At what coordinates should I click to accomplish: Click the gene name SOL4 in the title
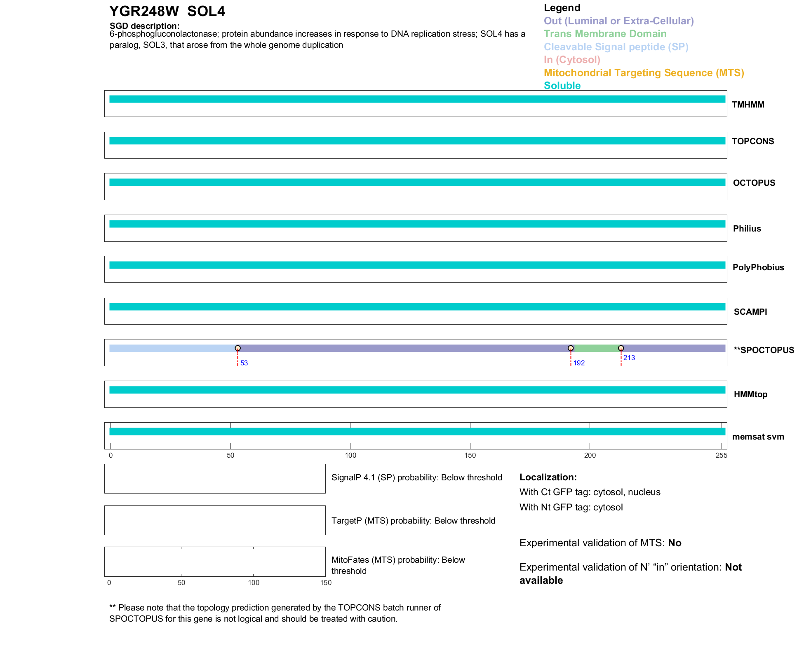pos(206,12)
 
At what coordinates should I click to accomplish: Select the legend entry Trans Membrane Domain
pos(605,34)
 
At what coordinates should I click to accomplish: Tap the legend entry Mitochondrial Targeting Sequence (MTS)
pos(644,73)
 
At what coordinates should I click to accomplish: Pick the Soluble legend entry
pos(562,86)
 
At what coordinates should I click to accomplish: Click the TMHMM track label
pos(748,105)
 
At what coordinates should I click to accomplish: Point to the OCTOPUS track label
pos(754,183)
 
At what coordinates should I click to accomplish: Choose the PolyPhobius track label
pos(758,267)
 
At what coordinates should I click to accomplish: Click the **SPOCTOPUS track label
pos(764,350)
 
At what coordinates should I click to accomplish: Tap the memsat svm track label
pos(758,437)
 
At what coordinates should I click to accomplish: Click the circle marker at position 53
pos(238,349)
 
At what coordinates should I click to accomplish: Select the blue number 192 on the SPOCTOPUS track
pos(579,363)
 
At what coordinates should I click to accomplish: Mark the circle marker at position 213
pos(621,349)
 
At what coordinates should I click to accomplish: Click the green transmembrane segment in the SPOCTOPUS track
pos(596,349)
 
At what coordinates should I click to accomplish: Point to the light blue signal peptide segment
pos(173,349)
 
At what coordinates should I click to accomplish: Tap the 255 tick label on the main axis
pos(721,455)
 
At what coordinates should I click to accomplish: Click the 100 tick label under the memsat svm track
pos(350,455)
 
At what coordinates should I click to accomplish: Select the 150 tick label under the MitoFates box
pos(326,582)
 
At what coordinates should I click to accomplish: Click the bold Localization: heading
pos(548,477)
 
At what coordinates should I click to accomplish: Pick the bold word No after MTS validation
pos(675,543)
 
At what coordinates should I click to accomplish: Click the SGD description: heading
pos(144,26)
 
